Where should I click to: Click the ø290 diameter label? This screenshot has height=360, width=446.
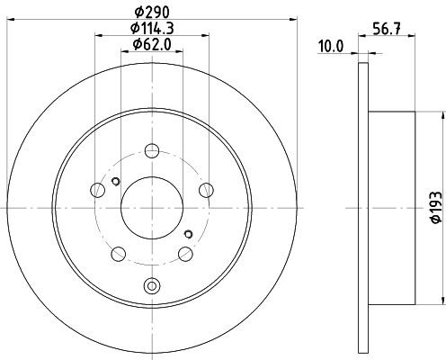[x=151, y=11]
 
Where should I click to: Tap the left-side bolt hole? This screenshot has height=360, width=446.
[x=97, y=189]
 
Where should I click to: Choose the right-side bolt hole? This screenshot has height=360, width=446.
[x=206, y=189]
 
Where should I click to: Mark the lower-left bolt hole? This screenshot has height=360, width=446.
[x=118, y=254]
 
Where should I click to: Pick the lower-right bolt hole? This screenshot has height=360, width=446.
[x=185, y=254]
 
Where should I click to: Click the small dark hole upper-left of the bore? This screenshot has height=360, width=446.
[x=115, y=183]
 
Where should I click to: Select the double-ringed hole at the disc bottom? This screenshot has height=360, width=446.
[x=151, y=287]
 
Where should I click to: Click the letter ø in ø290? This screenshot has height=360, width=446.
[x=138, y=11]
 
